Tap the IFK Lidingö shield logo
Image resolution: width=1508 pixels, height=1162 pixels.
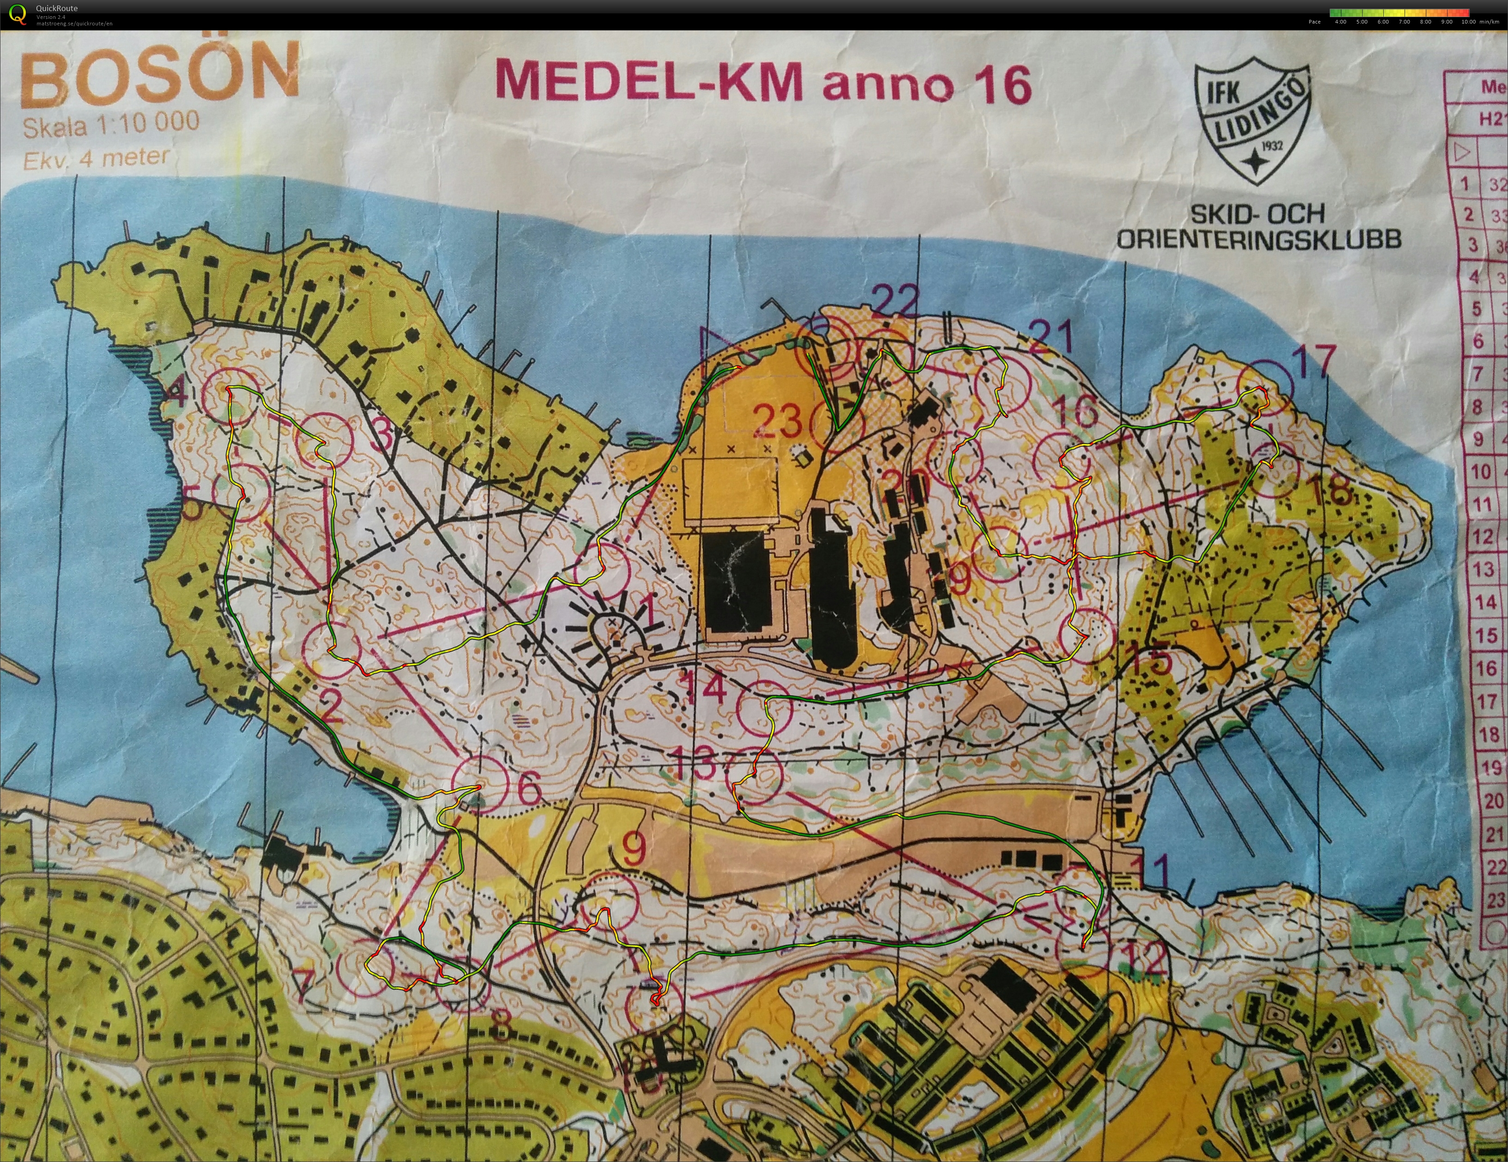[1252, 124]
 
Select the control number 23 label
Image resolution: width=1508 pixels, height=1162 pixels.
[778, 421]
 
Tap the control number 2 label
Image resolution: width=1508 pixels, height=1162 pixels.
[332, 707]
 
